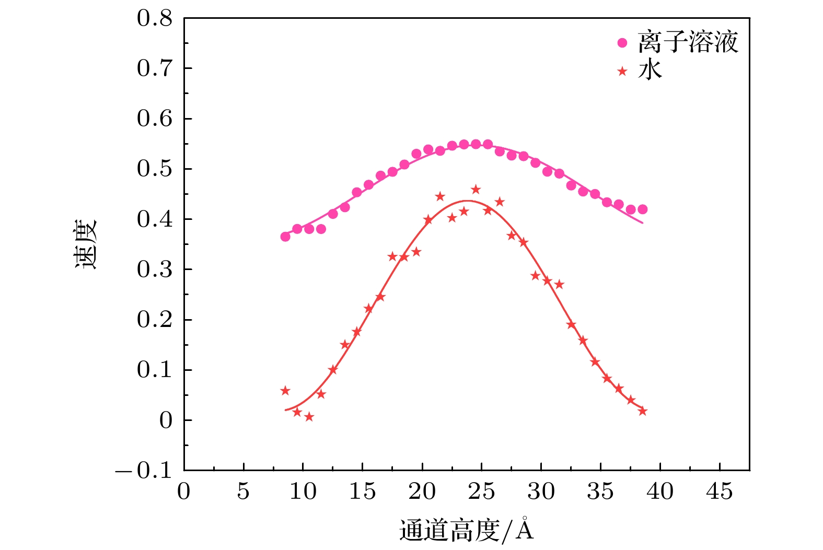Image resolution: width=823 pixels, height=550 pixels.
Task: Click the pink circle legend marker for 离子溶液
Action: (x=622, y=43)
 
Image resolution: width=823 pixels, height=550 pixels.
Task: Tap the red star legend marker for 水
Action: (x=622, y=71)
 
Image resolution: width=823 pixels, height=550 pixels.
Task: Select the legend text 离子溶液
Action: (x=688, y=42)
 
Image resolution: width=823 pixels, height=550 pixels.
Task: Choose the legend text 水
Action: (x=650, y=70)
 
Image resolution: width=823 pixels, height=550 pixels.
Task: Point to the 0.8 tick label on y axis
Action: (x=155, y=19)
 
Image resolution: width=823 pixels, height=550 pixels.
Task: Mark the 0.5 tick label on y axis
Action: (x=155, y=169)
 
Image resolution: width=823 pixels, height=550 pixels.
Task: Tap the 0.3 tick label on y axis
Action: (x=155, y=270)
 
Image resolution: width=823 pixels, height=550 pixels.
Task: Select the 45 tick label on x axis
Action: (x=720, y=492)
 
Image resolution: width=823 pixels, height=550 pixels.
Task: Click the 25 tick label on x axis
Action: (x=481, y=492)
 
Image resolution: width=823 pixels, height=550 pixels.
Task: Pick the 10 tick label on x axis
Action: (x=303, y=492)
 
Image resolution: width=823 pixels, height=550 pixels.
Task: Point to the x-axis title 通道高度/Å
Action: (x=467, y=531)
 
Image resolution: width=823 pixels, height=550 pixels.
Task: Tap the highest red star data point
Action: (x=476, y=189)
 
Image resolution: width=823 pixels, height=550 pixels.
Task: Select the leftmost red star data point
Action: (x=285, y=391)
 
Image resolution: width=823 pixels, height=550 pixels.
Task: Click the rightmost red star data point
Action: (x=643, y=411)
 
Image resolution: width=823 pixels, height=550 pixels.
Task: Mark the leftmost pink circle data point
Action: (x=285, y=237)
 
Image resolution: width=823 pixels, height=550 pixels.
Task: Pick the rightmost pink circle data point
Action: (x=643, y=209)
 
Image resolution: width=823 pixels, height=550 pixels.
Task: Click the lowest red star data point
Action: (x=309, y=417)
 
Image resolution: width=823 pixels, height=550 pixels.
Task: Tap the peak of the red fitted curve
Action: (x=467, y=201)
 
